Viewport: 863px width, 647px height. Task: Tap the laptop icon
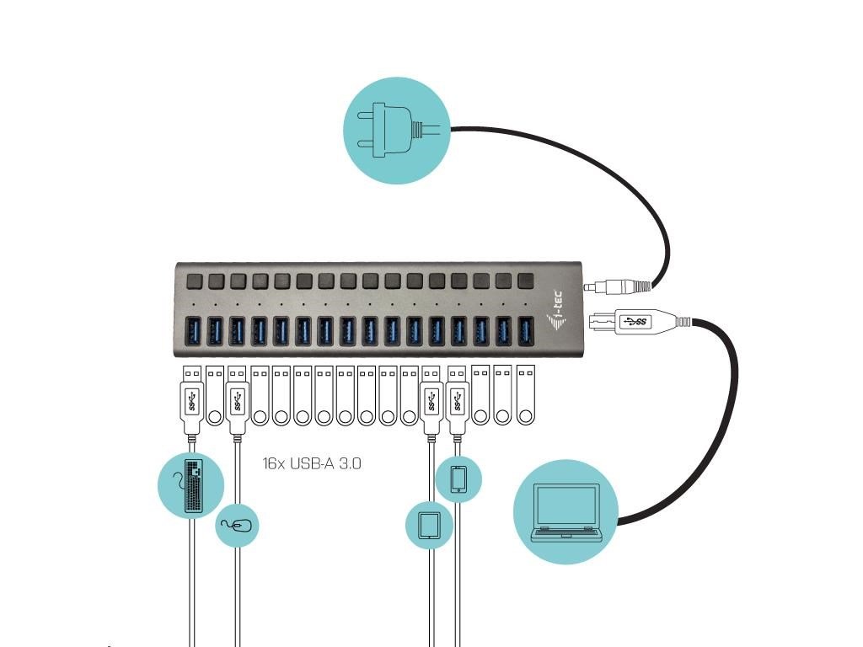click(x=566, y=511)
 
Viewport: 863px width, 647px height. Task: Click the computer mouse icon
click(x=237, y=526)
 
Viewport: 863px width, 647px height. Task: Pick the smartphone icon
click(x=458, y=479)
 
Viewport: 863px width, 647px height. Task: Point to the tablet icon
click(x=429, y=526)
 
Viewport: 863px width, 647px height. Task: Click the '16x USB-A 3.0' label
click(x=312, y=463)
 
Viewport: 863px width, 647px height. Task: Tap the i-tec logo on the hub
click(x=554, y=310)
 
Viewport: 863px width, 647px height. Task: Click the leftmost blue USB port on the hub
click(x=193, y=331)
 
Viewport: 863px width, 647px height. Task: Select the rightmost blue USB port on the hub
click(x=526, y=331)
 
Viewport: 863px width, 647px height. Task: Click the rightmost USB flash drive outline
click(x=526, y=396)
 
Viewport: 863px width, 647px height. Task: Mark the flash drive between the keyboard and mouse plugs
click(x=215, y=396)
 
